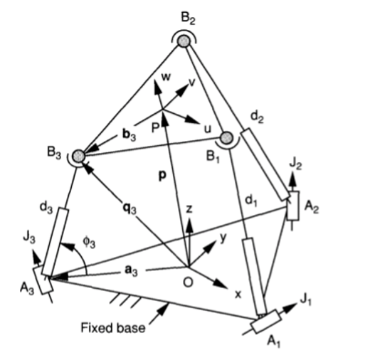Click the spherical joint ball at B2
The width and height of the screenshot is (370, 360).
point(184,41)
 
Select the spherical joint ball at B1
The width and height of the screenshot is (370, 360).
point(227,137)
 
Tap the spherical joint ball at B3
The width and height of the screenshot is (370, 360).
point(78,156)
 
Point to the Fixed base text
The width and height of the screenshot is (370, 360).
point(113,328)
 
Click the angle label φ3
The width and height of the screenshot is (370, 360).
point(89,243)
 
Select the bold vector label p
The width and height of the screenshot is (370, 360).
point(162,176)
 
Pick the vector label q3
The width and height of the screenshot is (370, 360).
point(129,208)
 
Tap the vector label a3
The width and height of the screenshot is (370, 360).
point(131,270)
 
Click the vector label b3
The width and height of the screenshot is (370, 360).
point(129,135)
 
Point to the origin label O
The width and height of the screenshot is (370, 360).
point(188,282)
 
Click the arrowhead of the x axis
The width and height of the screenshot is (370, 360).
point(221,284)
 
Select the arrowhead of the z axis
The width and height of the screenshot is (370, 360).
point(189,225)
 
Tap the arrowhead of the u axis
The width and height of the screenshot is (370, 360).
point(193,120)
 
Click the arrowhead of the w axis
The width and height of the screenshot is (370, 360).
point(157,88)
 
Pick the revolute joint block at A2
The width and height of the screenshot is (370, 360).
point(293,206)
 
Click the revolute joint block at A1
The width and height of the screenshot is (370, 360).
point(266,322)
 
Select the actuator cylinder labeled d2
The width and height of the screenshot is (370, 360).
point(265,164)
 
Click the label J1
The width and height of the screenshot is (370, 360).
point(306,300)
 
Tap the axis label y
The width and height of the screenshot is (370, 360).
point(223,238)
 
